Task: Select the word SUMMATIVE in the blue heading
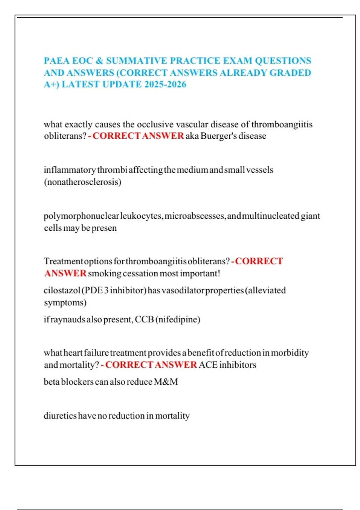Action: [x=136, y=61]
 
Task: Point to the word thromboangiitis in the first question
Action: [x=282, y=124]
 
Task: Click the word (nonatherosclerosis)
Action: [x=82, y=182]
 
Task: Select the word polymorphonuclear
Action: [x=81, y=216]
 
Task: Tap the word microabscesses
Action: [x=195, y=216]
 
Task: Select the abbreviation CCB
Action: [x=144, y=319]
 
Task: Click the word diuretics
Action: [x=60, y=416]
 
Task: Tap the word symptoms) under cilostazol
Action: [x=65, y=302]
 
